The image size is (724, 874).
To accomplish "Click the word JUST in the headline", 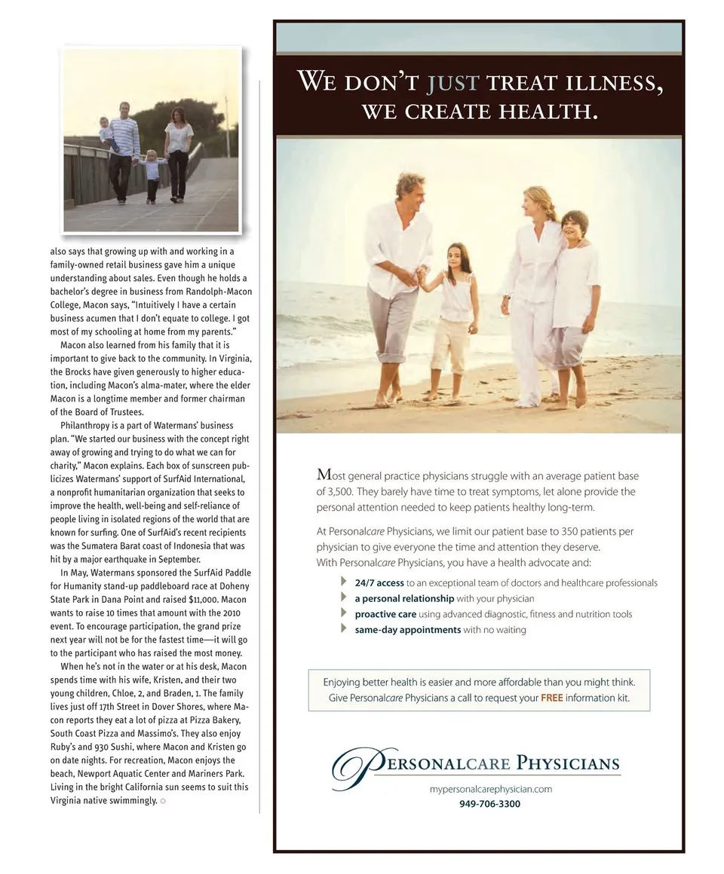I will coord(453,81).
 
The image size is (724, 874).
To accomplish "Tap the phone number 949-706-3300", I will coord(489,804).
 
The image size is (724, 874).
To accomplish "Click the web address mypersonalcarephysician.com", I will coord(491,789).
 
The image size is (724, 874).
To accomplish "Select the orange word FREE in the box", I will coord(551,698).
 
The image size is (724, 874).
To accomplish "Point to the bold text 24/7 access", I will coord(379,582).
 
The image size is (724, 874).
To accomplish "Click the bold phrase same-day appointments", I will coord(407,629).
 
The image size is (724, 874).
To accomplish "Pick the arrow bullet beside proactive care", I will coord(345,613).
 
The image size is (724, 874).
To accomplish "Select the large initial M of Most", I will coord(325,475).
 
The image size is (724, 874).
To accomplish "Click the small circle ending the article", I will coord(163,801).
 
